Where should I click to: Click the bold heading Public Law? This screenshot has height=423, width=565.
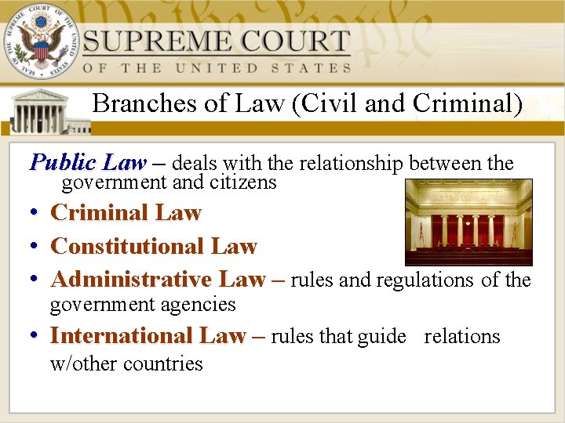[x=87, y=163]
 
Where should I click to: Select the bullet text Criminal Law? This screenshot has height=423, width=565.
[x=126, y=213]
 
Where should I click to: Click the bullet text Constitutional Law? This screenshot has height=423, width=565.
[x=153, y=246]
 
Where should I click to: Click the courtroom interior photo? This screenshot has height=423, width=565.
[x=468, y=222]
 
